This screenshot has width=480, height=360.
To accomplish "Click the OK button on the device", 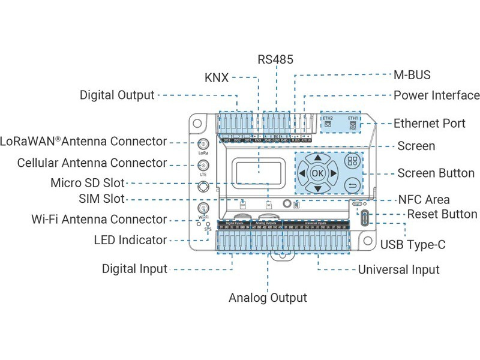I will [317, 173].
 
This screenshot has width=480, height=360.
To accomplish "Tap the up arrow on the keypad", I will [317, 158].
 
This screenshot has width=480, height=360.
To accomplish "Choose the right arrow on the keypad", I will [333, 173].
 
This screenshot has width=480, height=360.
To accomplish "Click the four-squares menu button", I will [352, 161].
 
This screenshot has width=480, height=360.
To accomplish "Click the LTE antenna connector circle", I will [203, 165].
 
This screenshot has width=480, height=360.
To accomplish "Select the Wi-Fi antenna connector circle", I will [203, 208].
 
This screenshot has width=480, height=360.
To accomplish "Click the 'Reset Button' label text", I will [442, 214].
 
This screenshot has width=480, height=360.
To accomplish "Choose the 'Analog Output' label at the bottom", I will [268, 298].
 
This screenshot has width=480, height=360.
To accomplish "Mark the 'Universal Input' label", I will [398, 269].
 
